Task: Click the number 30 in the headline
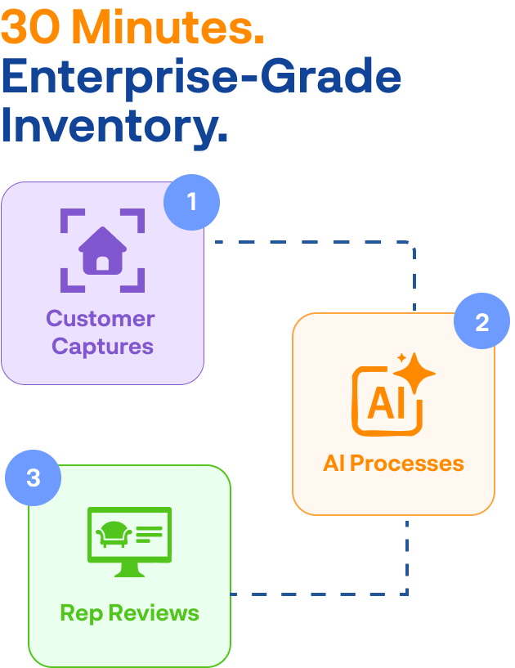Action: (32, 29)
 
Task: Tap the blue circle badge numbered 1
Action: (192, 201)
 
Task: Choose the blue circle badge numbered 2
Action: (481, 322)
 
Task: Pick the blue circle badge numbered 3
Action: (34, 477)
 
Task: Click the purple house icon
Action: (102, 249)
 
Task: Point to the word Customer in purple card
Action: (101, 318)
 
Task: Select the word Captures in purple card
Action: (102, 346)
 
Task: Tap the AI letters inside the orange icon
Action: (385, 403)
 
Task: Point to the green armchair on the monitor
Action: (114, 534)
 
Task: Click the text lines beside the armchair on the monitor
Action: (150, 534)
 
